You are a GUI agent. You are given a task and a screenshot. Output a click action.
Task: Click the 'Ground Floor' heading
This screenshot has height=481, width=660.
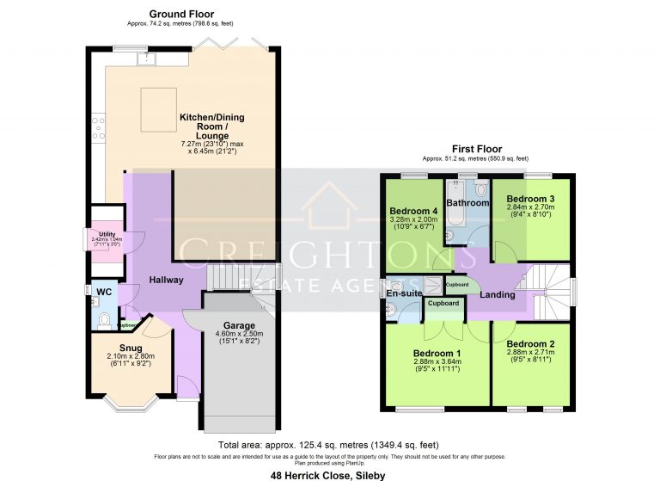coord(181,14)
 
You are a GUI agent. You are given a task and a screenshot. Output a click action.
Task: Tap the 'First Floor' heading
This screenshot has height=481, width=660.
coord(476,149)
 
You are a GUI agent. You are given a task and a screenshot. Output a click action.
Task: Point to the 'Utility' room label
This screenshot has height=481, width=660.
coord(107,234)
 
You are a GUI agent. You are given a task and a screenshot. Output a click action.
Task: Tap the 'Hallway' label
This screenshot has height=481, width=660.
coord(166,281)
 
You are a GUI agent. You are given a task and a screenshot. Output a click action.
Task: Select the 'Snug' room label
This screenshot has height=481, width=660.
coord(131,348)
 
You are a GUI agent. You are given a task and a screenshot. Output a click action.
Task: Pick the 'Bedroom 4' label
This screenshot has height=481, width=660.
coord(413,211)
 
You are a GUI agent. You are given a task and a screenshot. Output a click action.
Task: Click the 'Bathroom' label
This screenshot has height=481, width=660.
coord(467,203)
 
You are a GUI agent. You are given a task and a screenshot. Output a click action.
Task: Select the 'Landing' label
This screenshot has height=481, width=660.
coord(497,295)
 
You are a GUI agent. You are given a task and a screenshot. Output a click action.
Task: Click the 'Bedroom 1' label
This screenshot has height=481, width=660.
coord(437,354)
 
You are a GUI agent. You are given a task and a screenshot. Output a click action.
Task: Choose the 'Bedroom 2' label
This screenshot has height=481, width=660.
coord(529,344)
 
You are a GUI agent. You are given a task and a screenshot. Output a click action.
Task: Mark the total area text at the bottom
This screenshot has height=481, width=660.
coord(329,446)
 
